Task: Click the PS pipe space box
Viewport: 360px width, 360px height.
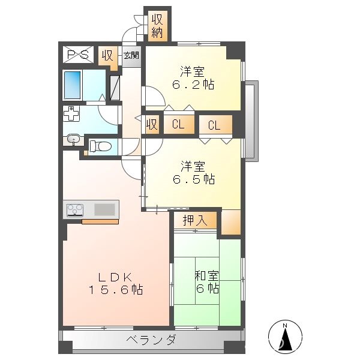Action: coord(78,55)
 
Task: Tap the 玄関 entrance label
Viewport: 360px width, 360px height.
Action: coord(131,55)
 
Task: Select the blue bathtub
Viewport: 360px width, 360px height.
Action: coord(73,85)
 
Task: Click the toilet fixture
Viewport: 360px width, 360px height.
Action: coord(100,146)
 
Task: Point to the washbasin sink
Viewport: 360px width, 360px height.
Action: coord(73,139)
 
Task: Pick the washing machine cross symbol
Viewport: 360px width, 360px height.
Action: coord(71,113)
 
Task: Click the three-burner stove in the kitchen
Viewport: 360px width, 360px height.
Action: coord(75,210)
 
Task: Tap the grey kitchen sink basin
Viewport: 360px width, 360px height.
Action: coord(104,209)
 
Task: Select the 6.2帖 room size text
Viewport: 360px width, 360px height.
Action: coord(193,85)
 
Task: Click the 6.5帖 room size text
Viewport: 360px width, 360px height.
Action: coord(194,179)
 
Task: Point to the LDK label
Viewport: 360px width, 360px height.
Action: coord(115,277)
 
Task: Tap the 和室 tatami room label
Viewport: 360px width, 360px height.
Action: coord(207,276)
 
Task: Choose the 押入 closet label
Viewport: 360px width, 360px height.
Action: coord(195,220)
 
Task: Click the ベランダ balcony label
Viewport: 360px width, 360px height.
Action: coord(152,340)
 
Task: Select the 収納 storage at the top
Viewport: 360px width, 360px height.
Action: coord(157,26)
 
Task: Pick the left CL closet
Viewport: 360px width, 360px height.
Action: coord(179,125)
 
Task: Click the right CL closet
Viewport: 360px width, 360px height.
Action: coord(215,125)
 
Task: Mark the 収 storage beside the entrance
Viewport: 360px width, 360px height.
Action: coord(108,56)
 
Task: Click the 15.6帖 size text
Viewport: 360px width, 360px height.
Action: coord(116,290)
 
